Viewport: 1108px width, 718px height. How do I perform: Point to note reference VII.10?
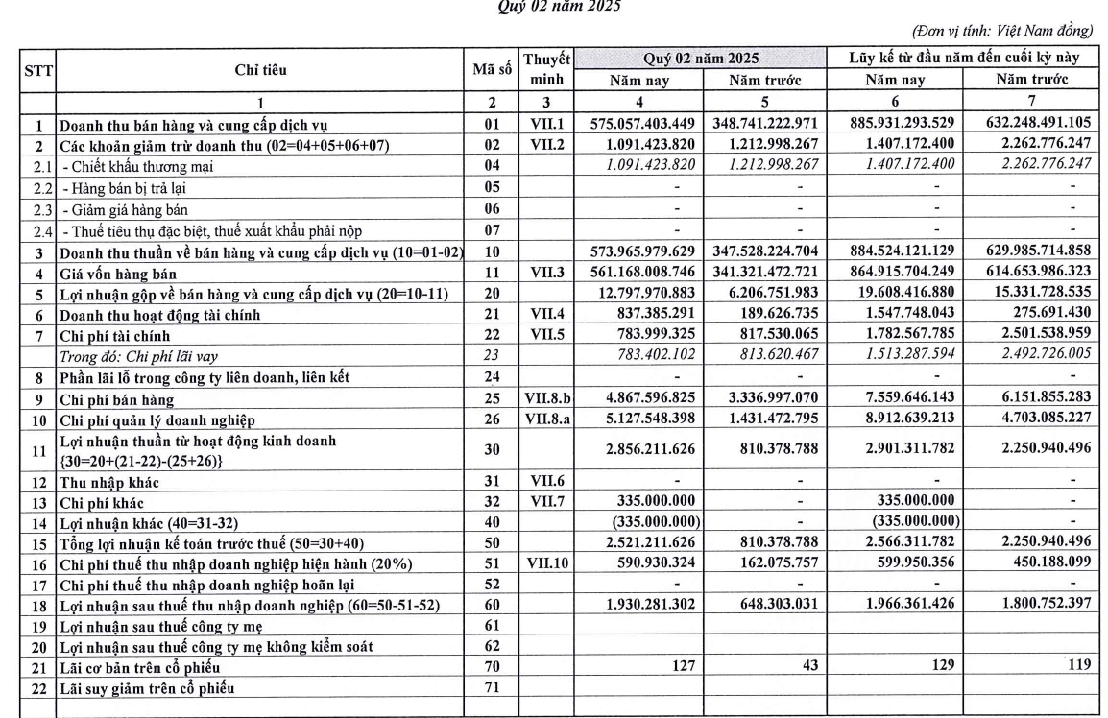(546, 563)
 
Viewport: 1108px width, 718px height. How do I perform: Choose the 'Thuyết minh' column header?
(546, 70)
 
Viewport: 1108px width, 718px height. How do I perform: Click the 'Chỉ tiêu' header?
(260, 70)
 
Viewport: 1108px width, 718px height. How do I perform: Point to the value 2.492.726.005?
(1032, 357)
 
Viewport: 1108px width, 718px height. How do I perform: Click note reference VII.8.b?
(546, 399)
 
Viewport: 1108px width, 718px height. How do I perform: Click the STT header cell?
(40, 70)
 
